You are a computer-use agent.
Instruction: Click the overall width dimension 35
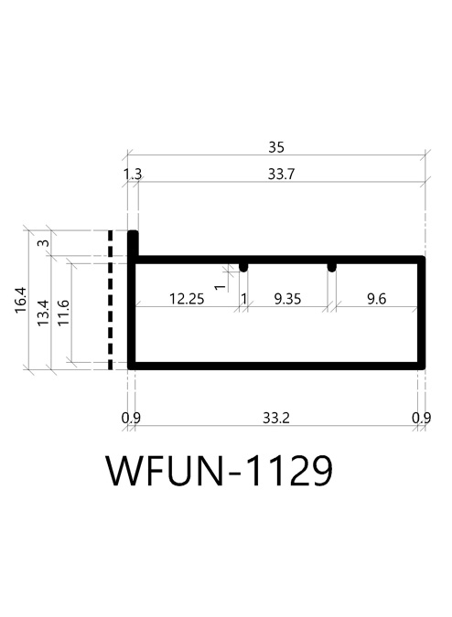tap(276, 147)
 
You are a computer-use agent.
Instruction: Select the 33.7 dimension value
tap(281, 174)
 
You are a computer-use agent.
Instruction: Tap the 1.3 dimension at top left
tap(133, 174)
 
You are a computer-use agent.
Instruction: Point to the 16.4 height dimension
tap(21, 300)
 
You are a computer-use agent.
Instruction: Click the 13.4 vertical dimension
tap(43, 313)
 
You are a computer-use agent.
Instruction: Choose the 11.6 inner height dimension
tap(63, 313)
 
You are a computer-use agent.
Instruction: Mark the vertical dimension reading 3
tap(44, 243)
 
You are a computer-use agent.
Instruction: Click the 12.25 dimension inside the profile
tap(187, 299)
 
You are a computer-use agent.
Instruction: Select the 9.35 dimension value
tap(287, 299)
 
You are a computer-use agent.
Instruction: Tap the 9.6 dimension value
tap(376, 299)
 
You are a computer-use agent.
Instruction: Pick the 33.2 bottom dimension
tap(276, 418)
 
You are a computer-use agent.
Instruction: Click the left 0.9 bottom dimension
tap(131, 418)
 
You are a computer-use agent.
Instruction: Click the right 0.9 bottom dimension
tap(421, 418)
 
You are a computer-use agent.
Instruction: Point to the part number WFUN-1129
tap(220, 471)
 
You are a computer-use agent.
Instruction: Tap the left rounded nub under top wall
tap(243, 267)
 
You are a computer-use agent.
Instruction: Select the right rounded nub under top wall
tap(332, 267)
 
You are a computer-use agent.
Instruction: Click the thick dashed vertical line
tap(110, 300)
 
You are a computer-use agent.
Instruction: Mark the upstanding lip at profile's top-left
tap(133, 243)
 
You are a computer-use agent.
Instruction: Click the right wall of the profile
tap(421, 313)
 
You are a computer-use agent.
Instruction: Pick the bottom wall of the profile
tap(276, 366)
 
